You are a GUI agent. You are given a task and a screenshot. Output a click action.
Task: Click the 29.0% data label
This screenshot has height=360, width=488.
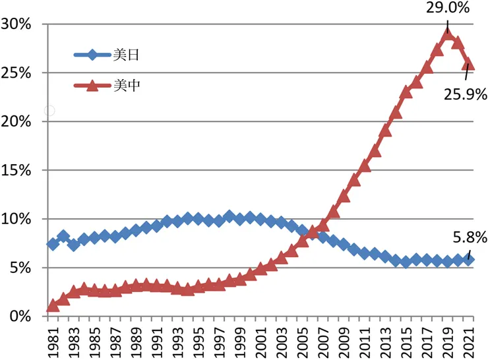[447, 10]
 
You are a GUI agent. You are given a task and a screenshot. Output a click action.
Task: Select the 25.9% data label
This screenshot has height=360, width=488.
[465, 94]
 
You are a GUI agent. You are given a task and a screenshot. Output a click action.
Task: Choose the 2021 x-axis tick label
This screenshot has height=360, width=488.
[470, 340]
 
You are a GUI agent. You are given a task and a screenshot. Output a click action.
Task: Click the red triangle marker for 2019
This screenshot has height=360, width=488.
[448, 34]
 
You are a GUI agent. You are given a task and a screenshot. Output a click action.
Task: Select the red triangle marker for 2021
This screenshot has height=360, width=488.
[469, 65]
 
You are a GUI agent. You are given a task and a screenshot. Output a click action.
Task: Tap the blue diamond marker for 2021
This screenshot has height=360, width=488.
[469, 260]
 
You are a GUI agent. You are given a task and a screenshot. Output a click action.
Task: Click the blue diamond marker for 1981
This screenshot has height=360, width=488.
[53, 244]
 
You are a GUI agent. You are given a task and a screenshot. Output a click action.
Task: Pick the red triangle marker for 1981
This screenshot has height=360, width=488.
[53, 306]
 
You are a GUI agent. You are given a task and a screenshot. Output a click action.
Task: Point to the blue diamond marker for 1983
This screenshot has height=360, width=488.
[74, 245]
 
